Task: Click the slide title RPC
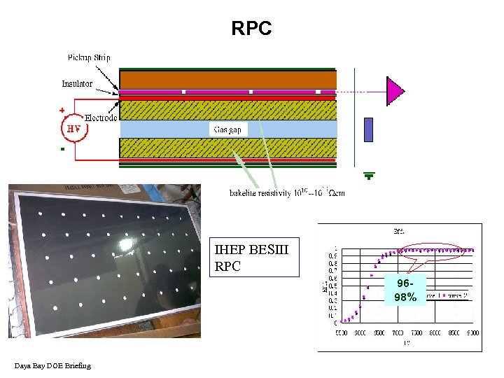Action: [x=251, y=29]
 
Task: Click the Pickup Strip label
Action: [x=89, y=57]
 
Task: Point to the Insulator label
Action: [x=77, y=84]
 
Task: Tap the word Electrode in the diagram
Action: [x=101, y=118]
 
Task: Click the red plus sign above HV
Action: [x=62, y=110]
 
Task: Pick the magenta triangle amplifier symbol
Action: [x=395, y=91]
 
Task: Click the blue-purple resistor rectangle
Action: [x=369, y=129]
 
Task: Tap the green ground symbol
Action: [x=369, y=176]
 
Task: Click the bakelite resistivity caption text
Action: [x=287, y=192]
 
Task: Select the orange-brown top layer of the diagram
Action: [x=227, y=79]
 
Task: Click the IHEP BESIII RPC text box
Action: [x=256, y=258]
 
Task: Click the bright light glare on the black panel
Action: [x=127, y=245]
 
